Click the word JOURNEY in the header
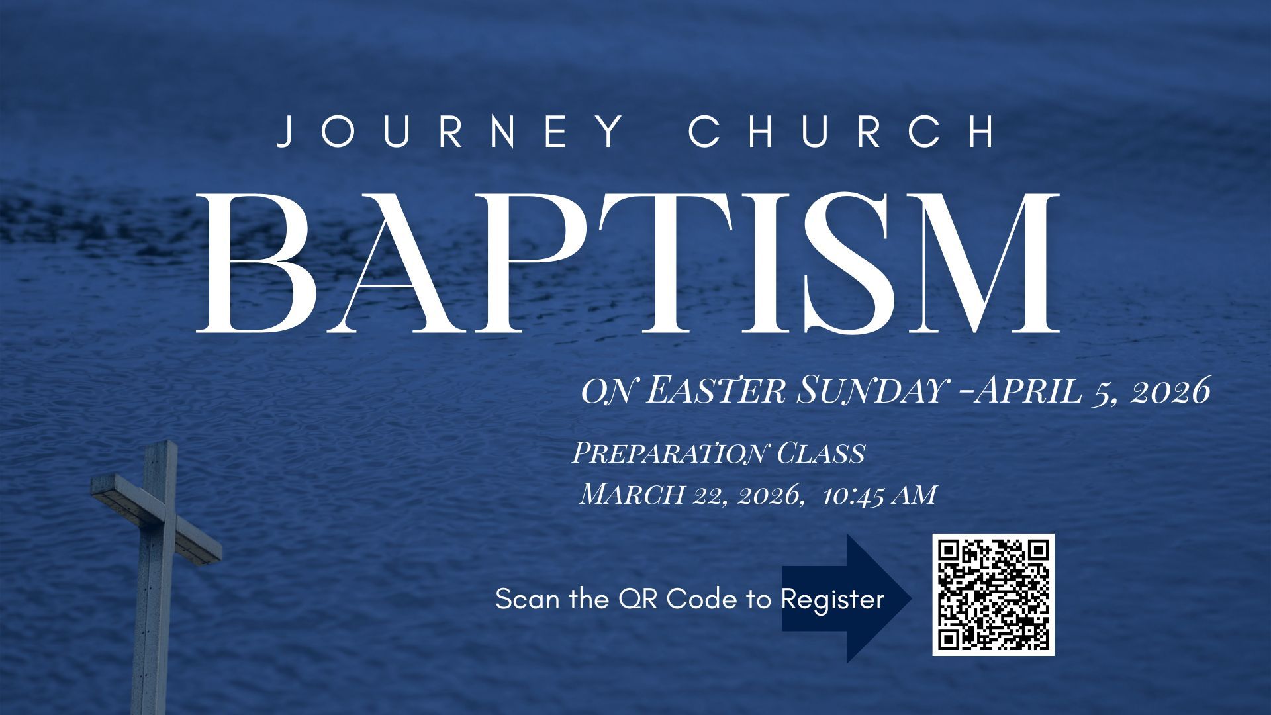tap(450, 131)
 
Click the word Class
tap(820, 453)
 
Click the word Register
tap(833, 599)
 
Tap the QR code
tap(993, 595)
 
